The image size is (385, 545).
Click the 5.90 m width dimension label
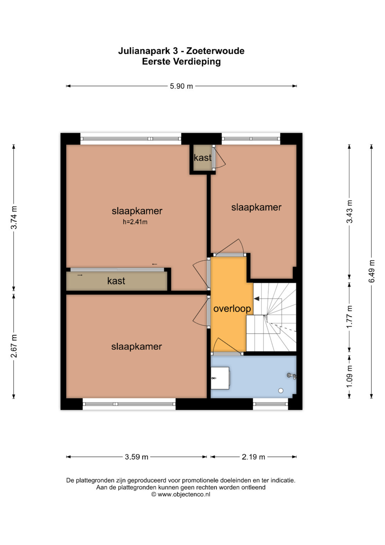181,86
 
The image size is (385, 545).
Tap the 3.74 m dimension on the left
14,217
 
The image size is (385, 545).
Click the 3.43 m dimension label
349,211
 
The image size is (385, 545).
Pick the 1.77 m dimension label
349,317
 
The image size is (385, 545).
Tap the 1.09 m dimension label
349,377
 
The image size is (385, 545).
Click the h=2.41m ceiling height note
135,222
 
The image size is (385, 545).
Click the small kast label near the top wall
202,158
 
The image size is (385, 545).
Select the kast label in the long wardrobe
116,281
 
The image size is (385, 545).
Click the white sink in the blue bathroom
220,378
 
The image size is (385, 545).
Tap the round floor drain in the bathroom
281,390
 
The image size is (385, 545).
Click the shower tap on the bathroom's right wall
292,376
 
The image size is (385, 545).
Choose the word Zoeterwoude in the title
215,51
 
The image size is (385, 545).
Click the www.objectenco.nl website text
184,494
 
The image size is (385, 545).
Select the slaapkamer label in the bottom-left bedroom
137,347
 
